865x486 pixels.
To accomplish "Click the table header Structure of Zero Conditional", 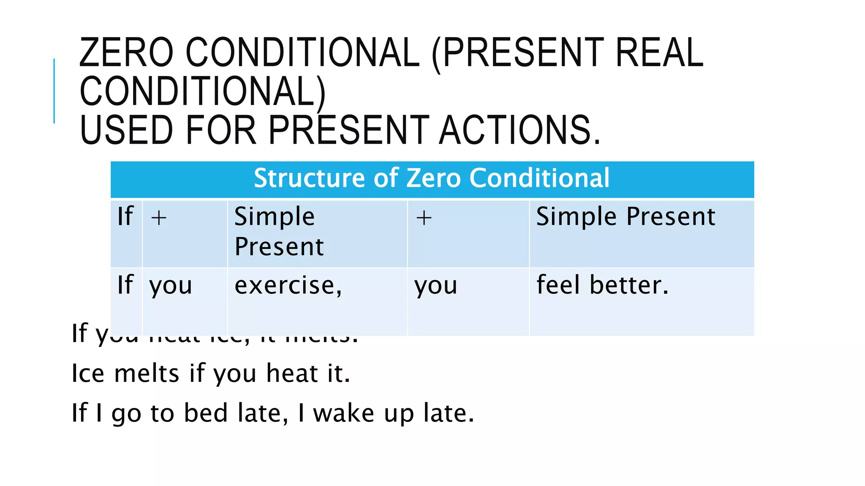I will point(432,178).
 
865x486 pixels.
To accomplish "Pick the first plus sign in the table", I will point(159,218).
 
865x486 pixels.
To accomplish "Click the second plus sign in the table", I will point(424,218).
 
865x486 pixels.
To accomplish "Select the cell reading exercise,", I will point(288,286).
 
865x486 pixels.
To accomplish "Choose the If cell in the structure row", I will point(125,216).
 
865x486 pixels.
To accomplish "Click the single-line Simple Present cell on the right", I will point(626,216).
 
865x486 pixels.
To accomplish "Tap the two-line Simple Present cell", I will point(279,231).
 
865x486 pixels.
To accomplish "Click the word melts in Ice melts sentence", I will point(147,374).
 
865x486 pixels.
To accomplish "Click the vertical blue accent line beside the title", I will point(54,91).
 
